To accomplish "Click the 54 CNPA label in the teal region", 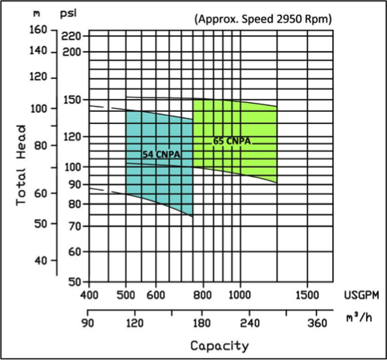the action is (162, 154).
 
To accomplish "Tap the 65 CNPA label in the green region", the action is (231, 141).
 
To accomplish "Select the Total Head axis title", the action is (21, 165).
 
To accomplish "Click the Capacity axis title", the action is (219, 346).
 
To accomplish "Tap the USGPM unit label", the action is (361, 295).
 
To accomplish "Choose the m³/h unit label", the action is (359, 318).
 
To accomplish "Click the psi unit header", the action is (68, 14).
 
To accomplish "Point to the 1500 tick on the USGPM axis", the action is (307, 295).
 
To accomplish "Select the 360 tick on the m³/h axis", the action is (317, 323).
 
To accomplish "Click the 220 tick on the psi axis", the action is (71, 36).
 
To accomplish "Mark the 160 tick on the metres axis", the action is (38, 30).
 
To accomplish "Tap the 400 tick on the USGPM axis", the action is (89, 295).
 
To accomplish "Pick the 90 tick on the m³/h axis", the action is (88, 323).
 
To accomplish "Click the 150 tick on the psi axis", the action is (72, 100).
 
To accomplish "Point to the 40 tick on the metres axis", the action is (41, 261).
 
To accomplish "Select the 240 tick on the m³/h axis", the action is (249, 323).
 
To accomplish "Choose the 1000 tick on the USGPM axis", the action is (240, 295).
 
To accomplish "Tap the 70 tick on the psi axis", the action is (75, 226).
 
